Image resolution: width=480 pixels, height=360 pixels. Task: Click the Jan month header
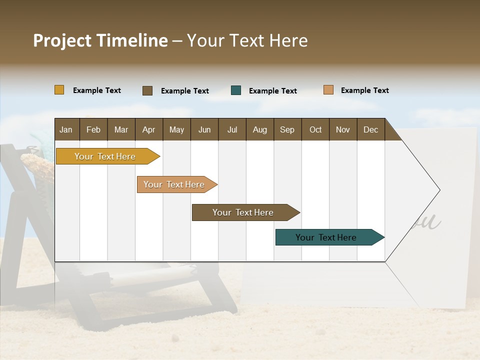pyautogui.click(x=66, y=129)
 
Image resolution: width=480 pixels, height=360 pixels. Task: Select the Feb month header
pyautogui.click(x=93, y=129)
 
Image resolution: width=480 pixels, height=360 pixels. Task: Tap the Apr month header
pyautogui.click(x=148, y=129)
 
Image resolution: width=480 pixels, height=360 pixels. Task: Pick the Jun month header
pyautogui.click(x=204, y=129)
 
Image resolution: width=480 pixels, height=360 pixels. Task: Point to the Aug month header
pyautogui.click(x=259, y=129)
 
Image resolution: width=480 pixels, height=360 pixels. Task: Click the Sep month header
pyautogui.click(x=287, y=129)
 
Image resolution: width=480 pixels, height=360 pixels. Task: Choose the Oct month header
pyautogui.click(x=315, y=129)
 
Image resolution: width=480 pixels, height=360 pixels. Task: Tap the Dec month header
pyautogui.click(x=370, y=129)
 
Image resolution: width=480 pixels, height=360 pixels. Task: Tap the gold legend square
pyautogui.click(x=59, y=90)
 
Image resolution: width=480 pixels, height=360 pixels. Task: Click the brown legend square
pyautogui.click(x=147, y=90)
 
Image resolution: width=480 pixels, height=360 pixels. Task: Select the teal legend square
pyautogui.click(x=236, y=90)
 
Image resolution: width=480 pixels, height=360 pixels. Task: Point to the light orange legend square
pyautogui.click(x=328, y=90)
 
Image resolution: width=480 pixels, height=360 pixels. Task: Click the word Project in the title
pyautogui.click(x=61, y=40)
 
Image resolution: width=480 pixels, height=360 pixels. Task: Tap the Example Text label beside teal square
pyautogui.click(x=272, y=91)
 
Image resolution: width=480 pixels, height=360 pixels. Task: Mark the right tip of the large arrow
pyautogui.click(x=439, y=190)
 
